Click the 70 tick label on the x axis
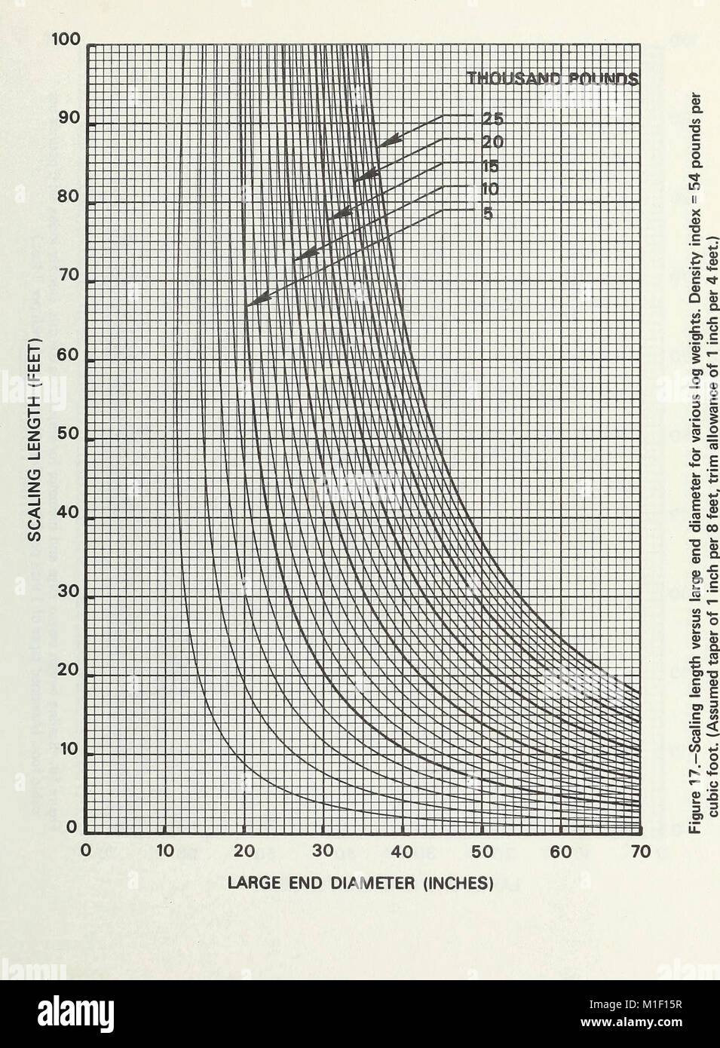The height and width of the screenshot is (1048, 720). [639, 851]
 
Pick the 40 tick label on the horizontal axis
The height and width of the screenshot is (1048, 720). [403, 851]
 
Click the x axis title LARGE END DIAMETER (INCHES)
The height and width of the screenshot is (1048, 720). [360, 882]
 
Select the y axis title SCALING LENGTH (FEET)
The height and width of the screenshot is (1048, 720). [34, 437]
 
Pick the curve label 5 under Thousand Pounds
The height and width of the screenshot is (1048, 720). [488, 213]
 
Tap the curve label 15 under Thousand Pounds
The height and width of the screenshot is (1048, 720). [491, 167]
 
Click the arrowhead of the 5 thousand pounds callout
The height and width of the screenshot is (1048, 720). [249, 304]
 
